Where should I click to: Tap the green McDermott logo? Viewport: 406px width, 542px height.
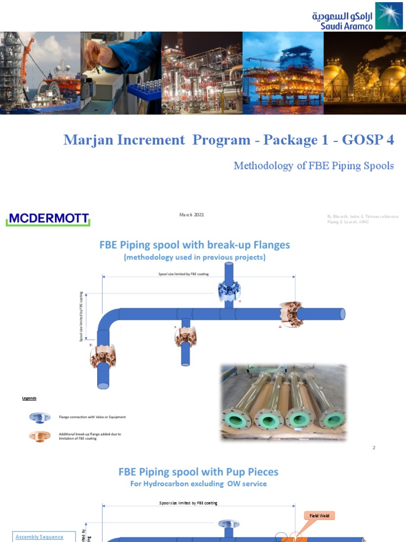click(48, 219)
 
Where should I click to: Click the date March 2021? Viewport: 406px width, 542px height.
click(191, 214)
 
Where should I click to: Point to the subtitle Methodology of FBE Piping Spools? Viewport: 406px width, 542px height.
click(313, 166)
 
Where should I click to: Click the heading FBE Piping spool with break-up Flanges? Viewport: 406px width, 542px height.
click(195, 245)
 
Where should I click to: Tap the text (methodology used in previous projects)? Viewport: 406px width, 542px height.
click(195, 257)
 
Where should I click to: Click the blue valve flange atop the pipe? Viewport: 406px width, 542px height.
click(229, 289)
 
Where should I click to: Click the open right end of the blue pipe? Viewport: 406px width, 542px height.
click(342, 314)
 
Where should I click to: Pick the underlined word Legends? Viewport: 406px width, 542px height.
click(29, 398)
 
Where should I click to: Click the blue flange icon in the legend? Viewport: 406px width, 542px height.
click(40, 418)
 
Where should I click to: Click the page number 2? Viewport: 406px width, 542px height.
click(374, 448)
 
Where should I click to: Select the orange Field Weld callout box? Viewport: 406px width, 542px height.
click(319, 516)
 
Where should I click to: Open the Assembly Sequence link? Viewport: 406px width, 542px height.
click(39, 537)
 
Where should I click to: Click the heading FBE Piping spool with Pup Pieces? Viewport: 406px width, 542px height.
click(198, 472)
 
